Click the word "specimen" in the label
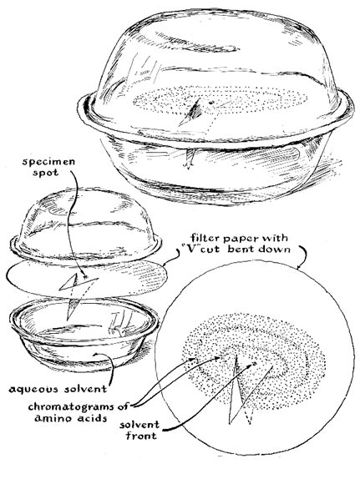click(48, 161)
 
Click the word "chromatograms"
click(72, 406)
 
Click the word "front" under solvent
click(141, 435)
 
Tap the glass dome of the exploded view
click(86, 224)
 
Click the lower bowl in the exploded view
click(84, 335)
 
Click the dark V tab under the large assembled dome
click(194, 113)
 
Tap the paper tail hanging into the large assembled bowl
click(189, 159)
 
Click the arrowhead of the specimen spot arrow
click(84, 276)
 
